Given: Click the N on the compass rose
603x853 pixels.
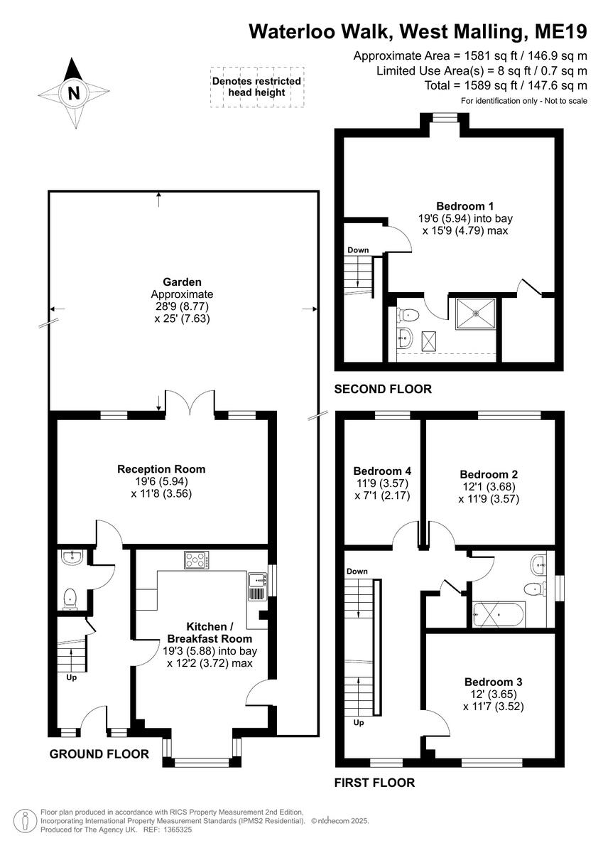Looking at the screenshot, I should click(73, 92).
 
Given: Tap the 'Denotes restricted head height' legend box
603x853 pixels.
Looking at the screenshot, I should click(256, 87).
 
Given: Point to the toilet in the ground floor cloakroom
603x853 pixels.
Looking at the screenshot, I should click(70, 599).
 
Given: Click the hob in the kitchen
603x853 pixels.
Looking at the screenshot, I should click(196, 560).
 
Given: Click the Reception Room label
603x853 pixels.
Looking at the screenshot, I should click(161, 469).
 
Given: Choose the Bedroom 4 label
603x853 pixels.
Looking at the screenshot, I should click(382, 471).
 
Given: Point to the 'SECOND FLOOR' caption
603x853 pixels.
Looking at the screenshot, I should click(384, 390).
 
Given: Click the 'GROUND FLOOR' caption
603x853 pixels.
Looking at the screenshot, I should click(99, 754).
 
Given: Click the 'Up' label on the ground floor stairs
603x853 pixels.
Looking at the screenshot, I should click(71, 677).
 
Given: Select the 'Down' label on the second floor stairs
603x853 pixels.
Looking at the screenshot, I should click(358, 250).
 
